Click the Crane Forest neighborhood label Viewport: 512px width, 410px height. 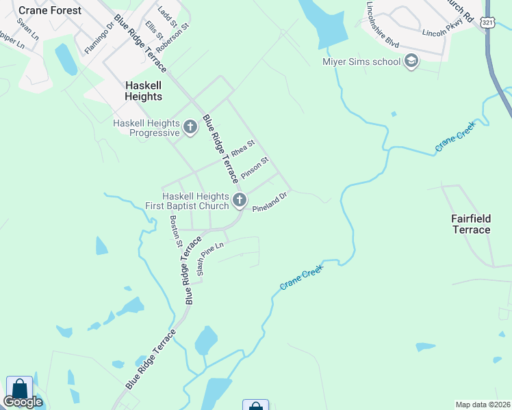tap(50, 10)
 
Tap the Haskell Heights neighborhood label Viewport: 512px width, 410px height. tap(144, 91)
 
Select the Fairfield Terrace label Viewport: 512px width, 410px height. tap(472, 224)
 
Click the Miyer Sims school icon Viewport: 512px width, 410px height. tap(411, 62)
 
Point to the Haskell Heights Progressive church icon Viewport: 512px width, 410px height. tap(191, 126)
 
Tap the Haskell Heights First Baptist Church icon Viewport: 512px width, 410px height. tap(239, 200)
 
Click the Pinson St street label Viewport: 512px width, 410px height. tap(255, 168)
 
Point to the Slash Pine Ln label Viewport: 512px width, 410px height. tap(210, 258)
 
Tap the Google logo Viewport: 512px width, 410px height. tap(23, 402)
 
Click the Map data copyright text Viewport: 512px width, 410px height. tap(483, 405)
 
